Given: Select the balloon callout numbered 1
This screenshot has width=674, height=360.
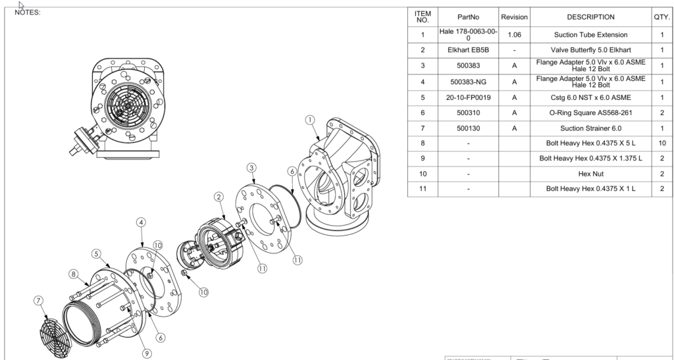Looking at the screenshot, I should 310,120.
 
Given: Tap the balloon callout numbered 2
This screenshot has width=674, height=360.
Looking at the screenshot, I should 219,197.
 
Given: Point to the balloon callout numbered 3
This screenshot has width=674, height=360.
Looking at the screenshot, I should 252,167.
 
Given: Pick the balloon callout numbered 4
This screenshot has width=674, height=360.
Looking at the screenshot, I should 141,222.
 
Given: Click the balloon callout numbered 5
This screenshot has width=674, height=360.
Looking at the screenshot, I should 96,253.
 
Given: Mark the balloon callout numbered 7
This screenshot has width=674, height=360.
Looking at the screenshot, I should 38,301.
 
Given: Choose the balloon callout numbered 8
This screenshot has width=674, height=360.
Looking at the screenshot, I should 74,273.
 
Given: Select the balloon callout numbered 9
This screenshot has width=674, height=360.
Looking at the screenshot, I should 146,353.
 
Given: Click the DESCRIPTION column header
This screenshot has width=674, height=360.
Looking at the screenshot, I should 590,17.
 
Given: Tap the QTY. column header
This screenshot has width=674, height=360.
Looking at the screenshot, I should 661,17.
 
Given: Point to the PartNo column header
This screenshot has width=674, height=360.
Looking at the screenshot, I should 468,17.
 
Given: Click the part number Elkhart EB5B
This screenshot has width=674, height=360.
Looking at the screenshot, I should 468,49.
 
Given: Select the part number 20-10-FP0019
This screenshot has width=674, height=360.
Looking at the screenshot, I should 468,97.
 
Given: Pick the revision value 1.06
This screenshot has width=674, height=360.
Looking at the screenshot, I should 514,34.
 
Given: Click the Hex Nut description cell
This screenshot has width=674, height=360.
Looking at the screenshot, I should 590,174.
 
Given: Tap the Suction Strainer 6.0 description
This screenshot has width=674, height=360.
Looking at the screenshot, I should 590,128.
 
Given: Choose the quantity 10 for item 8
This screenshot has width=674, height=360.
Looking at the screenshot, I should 661,143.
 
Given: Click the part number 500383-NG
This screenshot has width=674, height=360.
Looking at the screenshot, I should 468,82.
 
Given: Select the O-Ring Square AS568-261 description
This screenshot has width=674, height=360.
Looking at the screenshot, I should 590,113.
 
